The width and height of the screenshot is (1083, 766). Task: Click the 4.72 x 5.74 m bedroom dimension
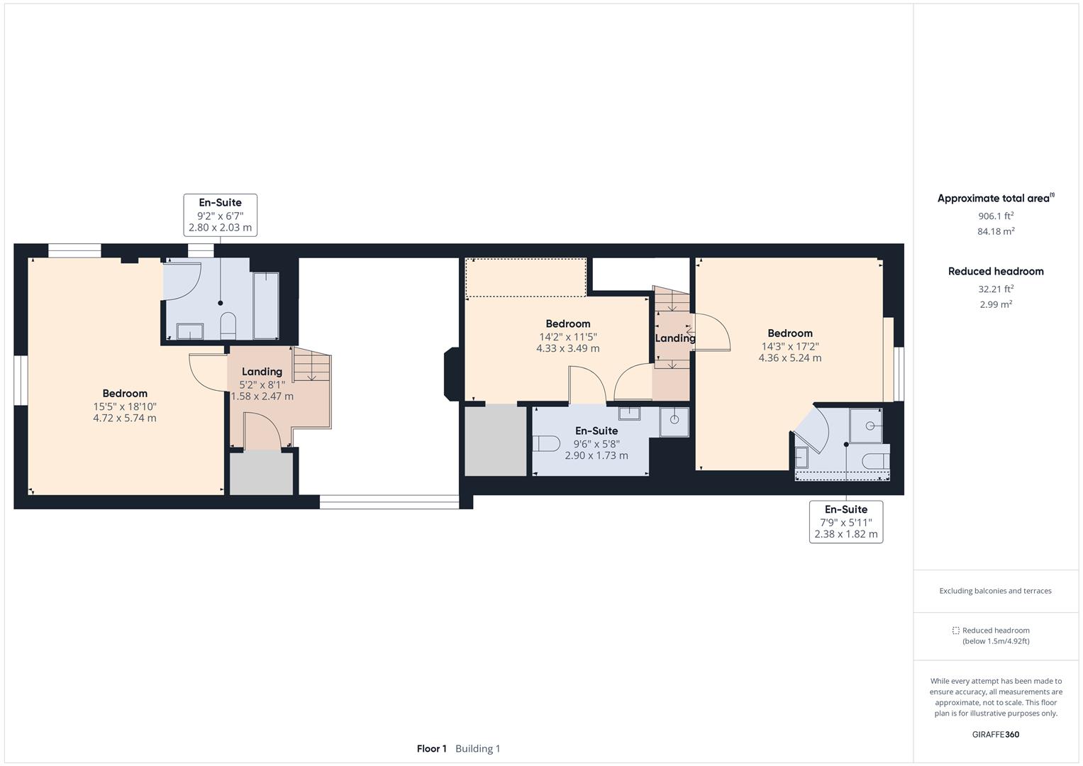[125, 418]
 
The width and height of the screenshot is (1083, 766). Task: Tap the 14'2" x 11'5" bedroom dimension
[567, 337]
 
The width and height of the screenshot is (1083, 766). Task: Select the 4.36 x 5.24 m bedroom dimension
[789, 358]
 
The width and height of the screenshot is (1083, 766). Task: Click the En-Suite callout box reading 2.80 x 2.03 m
[220, 215]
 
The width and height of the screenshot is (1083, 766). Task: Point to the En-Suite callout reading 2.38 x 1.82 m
[845, 522]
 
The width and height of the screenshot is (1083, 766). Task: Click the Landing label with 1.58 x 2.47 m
[262, 384]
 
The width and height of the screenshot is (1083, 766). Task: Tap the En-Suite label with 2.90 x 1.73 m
[596, 443]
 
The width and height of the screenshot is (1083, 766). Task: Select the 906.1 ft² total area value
[996, 216]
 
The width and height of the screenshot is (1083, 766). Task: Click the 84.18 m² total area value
[996, 231]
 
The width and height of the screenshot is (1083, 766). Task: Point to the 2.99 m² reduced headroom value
[996, 304]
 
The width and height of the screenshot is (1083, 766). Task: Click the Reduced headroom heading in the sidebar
[996, 271]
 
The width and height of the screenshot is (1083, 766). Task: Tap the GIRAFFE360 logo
[996, 734]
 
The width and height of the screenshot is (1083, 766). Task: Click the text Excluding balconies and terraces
[995, 591]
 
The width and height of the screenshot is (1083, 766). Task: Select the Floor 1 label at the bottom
[431, 748]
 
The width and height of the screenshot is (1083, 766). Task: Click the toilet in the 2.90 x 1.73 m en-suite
[546, 444]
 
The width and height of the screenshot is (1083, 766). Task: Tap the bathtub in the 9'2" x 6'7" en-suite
[266, 306]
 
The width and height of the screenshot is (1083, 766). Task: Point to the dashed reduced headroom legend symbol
[955, 631]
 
